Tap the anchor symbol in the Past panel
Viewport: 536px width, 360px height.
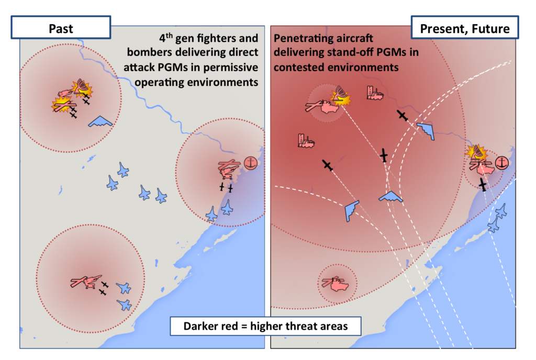tap(250, 163)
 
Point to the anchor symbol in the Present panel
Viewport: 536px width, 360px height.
tap(501, 163)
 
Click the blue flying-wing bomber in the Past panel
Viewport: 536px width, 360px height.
tap(100, 122)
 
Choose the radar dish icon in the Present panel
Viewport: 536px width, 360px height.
tap(340, 93)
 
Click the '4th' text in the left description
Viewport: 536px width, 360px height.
tap(166, 39)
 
